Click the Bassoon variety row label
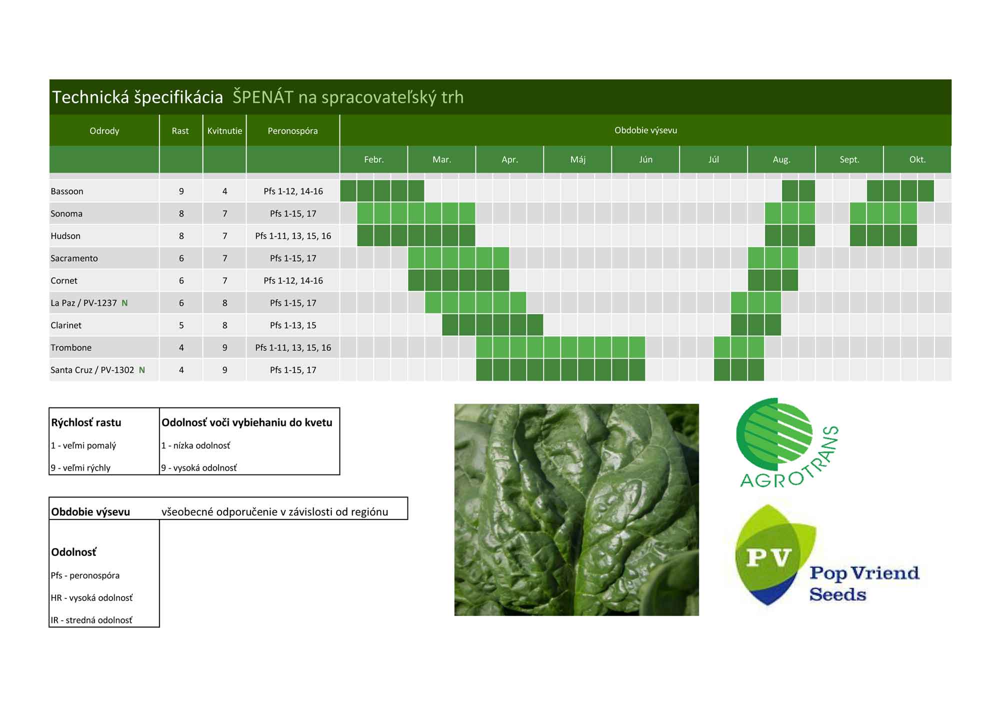coord(67,191)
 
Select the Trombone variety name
coord(71,348)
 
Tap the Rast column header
coord(180,131)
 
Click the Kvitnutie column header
coord(224,131)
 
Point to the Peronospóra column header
coord(292,131)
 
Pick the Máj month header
coord(578,159)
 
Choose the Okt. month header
coord(917,159)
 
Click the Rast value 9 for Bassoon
coord(181,191)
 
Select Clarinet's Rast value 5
coord(181,325)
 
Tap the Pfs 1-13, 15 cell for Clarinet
coord(293,325)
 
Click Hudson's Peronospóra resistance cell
coord(293,236)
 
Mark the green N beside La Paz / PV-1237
coord(124,303)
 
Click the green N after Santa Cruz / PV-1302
coord(142,370)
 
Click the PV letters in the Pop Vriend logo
coord(768,557)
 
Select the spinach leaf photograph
coord(576,509)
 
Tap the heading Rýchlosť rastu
coord(86,422)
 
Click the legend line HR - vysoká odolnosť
coord(91,598)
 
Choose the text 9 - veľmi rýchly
coord(80,468)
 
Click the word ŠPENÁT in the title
coord(263,96)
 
